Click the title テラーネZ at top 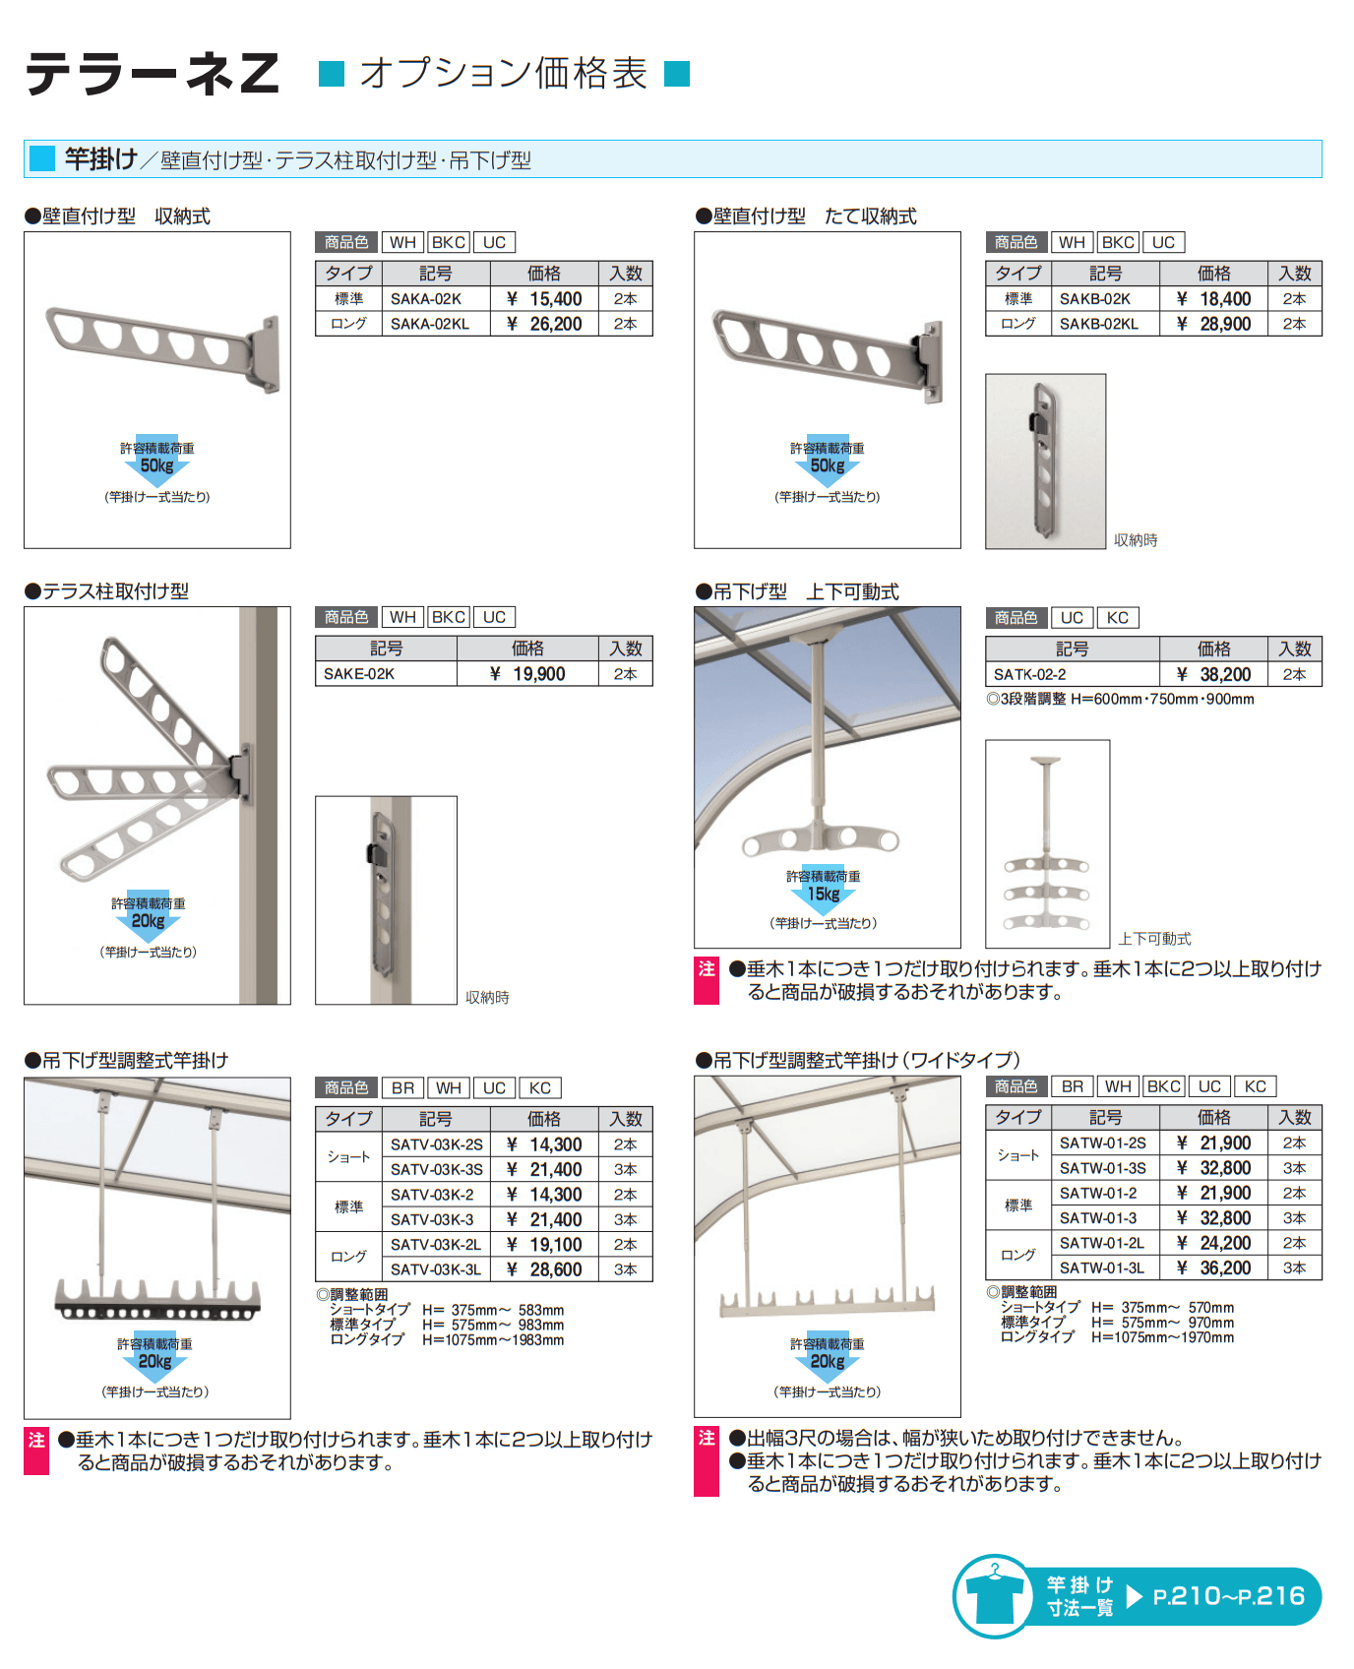[x=153, y=74]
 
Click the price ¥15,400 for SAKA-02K [x=544, y=299]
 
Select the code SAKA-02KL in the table [x=430, y=324]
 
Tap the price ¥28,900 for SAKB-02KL [x=1213, y=324]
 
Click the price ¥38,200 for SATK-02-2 [x=1213, y=674]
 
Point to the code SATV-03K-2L [x=435, y=1245]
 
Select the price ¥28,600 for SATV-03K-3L [x=544, y=1269]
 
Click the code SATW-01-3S [x=1102, y=1168]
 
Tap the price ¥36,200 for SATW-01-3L [x=1213, y=1267]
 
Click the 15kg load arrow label [x=824, y=893]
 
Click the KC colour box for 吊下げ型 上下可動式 [x=1117, y=618]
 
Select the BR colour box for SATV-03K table [x=402, y=1087]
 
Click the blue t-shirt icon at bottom [x=994, y=1596]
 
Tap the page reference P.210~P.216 [x=1228, y=1596]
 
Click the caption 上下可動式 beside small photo [x=1154, y=939]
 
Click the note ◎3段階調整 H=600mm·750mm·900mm [x=1120, y=699]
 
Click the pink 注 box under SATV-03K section [x=36, y=1451]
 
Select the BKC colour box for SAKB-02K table [x=1118, y=242]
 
